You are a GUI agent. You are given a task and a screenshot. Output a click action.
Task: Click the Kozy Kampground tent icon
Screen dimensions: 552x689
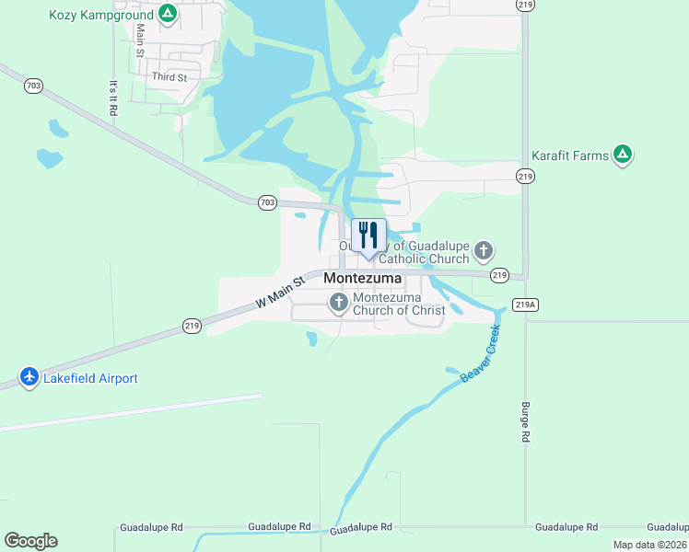(167, 13)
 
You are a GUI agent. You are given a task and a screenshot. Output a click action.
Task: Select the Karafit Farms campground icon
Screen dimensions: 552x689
(624, 155)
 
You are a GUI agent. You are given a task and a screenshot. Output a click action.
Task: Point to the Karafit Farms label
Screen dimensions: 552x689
(570, 155)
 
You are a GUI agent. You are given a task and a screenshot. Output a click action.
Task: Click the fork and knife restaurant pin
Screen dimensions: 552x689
(368, 236)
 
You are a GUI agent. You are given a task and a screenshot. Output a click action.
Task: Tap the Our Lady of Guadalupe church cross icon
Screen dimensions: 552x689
(485, 250)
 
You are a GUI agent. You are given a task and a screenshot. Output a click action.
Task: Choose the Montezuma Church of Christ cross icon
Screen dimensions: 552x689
(338, 302)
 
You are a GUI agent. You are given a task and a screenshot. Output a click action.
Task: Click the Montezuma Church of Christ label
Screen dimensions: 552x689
(399, 304)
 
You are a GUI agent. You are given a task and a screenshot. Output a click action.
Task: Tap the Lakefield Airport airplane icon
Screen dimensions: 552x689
(29, 377)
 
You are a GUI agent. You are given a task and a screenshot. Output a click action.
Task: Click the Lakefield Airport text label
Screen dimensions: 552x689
(91, 378)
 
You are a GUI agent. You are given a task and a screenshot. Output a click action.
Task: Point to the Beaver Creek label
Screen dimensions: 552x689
(480, 353)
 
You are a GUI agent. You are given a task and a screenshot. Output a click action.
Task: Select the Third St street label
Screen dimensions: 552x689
(169, 77)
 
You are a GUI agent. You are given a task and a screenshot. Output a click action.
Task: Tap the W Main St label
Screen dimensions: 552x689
(279, 293)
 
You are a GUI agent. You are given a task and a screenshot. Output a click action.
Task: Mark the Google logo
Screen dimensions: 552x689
(30, 541)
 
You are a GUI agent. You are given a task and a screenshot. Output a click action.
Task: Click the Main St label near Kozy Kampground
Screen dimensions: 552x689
(140, 40)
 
